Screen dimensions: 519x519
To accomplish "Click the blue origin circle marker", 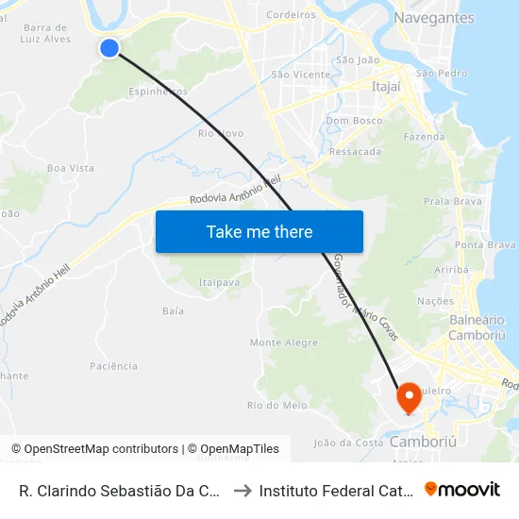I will pyautogui.click(x=109, y=47).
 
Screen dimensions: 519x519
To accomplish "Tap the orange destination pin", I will pyautogui.click(x=409, y=397).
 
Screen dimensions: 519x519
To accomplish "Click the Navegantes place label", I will pyautogui.click(x=434, y=18).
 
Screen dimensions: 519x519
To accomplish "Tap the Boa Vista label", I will pyautogui.click(x=71, y=168).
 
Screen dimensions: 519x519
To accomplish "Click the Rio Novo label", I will pyautogui.click(x=221, y=133).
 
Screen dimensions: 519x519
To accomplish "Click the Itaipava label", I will pyautogui.click(x=218, y=281).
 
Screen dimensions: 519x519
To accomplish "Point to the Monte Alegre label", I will pyautogui.click(x=283, y=343).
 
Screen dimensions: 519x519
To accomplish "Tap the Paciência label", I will pyautogui.click(x=113, y=366).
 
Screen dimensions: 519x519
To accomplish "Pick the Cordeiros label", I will pyautogui.click(x=292, y=14).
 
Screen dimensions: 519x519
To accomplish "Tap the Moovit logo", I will pyautogui.click(x=462, y=489).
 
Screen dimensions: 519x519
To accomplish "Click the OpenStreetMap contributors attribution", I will pyautogui.click(x=94, y=449).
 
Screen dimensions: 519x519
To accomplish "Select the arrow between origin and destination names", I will pyautogui.click(x=241, y=490).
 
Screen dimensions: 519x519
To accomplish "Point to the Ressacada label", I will pyautogui.click(x=356, y=151).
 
